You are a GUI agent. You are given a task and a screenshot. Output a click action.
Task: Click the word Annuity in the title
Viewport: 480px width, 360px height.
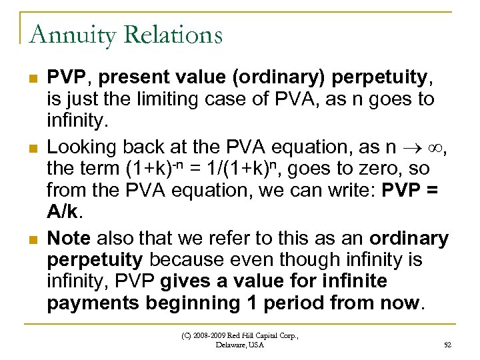tap(65, 34)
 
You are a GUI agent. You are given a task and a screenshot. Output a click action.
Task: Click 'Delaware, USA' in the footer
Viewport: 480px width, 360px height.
tap(240, 345)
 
